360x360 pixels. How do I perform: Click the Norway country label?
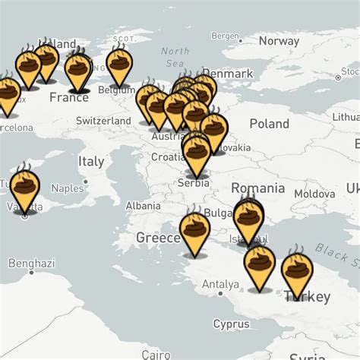click(x=279, y=41)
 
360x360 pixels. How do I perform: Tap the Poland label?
click(x=269, y=124)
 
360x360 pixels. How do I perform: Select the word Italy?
click(x=91, y=161)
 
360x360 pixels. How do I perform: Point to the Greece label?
click(x=157, y=238)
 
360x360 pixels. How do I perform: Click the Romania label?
click(x=257, y=188)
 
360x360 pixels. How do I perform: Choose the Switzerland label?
click(x=104, y=121)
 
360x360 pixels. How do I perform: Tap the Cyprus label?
click(x=231, y=324)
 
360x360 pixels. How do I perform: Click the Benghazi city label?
click(x=31, y=264)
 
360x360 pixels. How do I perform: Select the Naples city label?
click(x=67, y=188)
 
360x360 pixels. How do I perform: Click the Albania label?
click(x=143, y=205)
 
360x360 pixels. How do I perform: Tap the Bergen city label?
click(x=226, y=36)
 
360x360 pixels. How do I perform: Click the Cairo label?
click(x=156, y=354)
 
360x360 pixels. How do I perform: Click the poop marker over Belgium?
click(x=120, y=67)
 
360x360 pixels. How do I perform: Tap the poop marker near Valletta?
click(x=24, y=188)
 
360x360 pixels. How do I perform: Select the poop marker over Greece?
click(x=194, y=231)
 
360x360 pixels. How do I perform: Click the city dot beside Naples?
click(x=86, y=182)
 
